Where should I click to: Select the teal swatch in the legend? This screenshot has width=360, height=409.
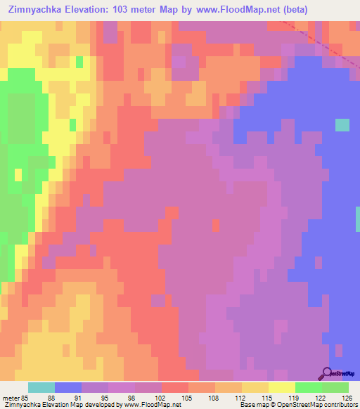click(41, 387)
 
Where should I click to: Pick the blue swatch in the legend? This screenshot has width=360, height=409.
click(68, 387)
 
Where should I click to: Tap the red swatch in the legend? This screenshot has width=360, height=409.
click(175, 387)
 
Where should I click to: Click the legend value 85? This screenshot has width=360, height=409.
click(26, 397)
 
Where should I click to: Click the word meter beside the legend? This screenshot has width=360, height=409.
click(11, 397)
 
